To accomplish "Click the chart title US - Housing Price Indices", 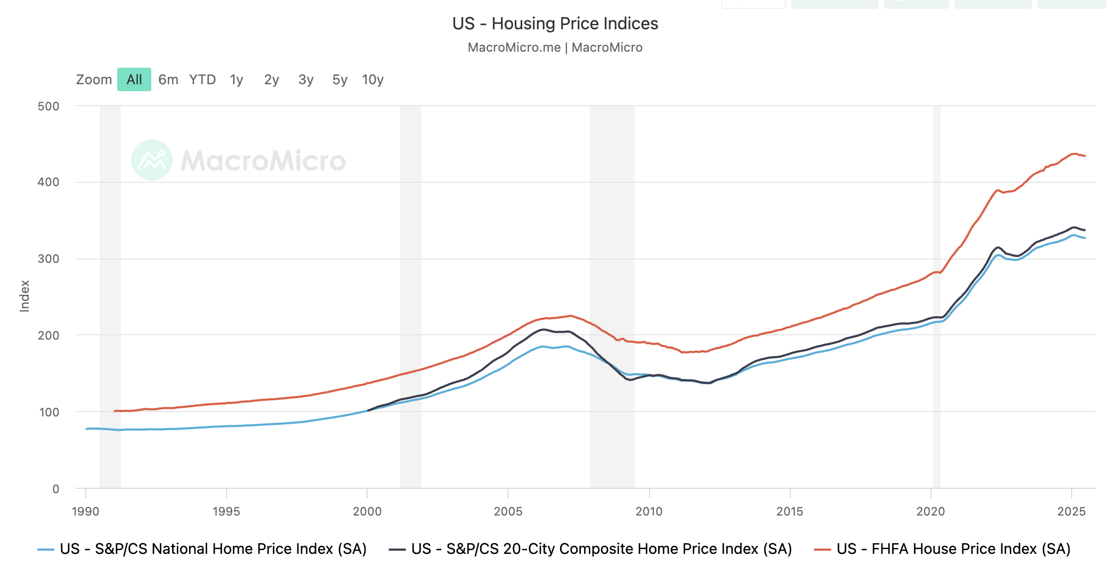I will [555, 24].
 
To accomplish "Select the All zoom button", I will [134, 80].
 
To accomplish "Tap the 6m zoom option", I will [168, 80].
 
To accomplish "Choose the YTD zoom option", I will [202, 80].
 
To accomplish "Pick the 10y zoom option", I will [372, 80].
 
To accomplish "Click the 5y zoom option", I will [339, 80].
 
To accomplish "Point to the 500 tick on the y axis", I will [48, 106].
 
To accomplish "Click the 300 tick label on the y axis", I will [48, 259].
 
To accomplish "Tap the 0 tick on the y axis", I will [55, 489].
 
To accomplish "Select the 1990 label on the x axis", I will [85, 512].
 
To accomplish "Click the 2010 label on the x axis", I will [649, 512].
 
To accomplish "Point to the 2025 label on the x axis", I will [1071, 512].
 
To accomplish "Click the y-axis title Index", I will [25, 296].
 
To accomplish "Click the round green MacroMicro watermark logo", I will [152, 160].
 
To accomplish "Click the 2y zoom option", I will [271, 80].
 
